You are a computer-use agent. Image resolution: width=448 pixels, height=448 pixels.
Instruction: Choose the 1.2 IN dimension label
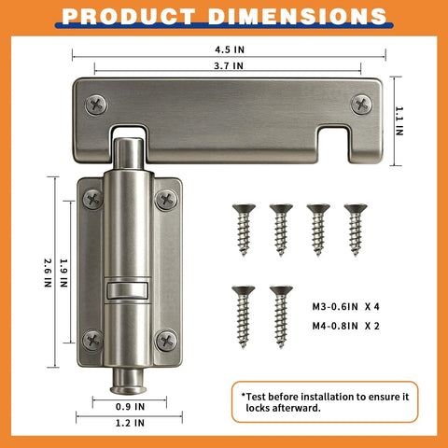pos(129,423)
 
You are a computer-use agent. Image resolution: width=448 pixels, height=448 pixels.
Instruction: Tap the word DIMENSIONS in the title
pos(297,16)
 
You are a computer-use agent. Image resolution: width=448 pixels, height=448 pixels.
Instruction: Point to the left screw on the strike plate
pos(94,104)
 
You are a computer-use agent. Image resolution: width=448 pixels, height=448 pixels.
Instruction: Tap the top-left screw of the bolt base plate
pos(92,198)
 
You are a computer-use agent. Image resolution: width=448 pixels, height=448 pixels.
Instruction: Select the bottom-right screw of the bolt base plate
pos(166,340)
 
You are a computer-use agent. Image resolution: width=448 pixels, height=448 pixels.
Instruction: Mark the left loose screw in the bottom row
pos(244,313)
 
